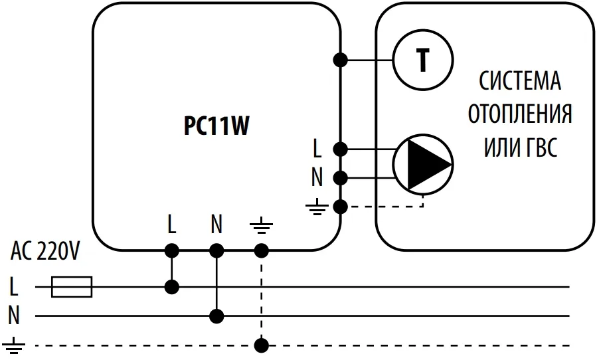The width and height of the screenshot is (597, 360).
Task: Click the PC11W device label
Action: pyautogui.click(x=216, y=126)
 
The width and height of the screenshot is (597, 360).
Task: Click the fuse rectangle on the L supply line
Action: pyautogui.click(x=72, y=287)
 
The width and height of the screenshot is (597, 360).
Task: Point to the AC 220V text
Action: pyautogui.click(x=45, y=252)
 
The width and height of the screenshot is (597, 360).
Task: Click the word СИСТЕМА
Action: pyautogui.click(x=520, y=82)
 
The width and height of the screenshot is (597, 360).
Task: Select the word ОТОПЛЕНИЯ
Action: pyautogui.click(x=520, y=114)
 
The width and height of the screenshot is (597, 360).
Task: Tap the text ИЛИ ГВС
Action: pyautogui.click(x=520, y=146)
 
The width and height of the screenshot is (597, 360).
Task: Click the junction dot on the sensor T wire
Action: pyautogui.click(x=341, y=60)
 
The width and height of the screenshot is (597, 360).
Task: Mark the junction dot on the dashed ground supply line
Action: pyautogui.click(x=262, y=345)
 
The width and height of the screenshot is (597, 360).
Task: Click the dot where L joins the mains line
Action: pyautogui.click(x=172, y=287)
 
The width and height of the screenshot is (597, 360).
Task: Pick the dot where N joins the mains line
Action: pyautogui.click(x=216, y=315)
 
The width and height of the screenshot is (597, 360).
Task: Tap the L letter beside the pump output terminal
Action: pyautogui.click(x=318, y=147)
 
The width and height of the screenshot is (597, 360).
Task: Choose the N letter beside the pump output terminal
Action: pyautogui.click(x=317, y=177)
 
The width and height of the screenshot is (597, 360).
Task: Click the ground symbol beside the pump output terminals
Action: pyautogui.click(x=317, y=207)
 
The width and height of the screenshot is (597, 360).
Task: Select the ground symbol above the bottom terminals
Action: pyautogui.click(x=261, y=227)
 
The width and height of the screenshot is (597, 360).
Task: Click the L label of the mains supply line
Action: pyautogui.click(x=14, y=287)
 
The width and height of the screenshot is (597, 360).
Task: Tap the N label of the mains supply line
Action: pyautogui.click(x=14, y=315)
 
